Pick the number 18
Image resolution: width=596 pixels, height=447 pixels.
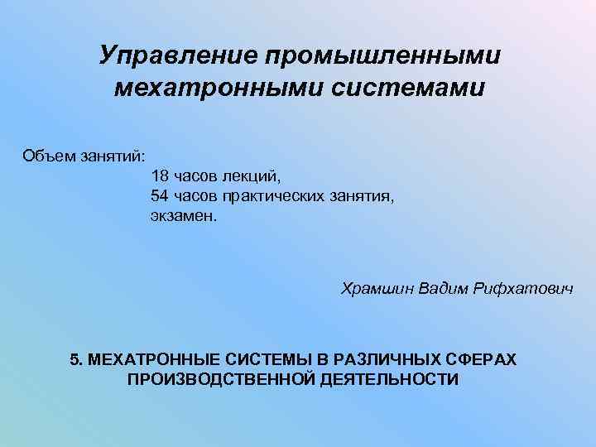tap(160, 175)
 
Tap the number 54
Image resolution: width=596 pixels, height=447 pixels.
tap(160, 195)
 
